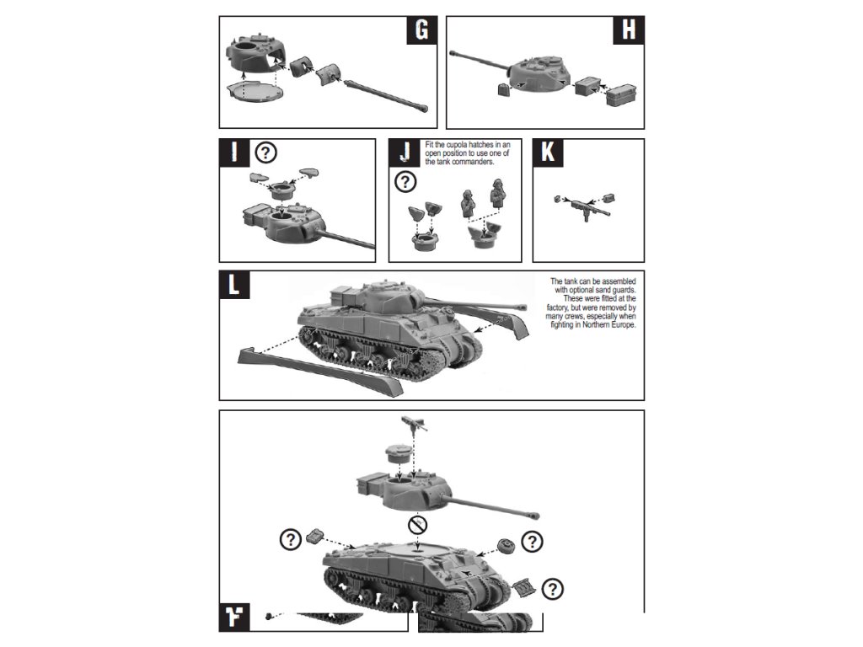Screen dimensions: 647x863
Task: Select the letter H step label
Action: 628,29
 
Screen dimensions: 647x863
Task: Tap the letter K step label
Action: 548,152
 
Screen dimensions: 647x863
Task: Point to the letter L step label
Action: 233,284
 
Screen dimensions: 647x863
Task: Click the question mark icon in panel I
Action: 266,152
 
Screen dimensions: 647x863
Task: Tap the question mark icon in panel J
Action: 406,181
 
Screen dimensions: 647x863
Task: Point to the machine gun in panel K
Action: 582,203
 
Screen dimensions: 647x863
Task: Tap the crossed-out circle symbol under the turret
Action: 415,527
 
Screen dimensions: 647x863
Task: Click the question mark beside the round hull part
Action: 533,541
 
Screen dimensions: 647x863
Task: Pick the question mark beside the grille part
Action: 554,589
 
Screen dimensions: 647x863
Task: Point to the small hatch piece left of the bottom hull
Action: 315,534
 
